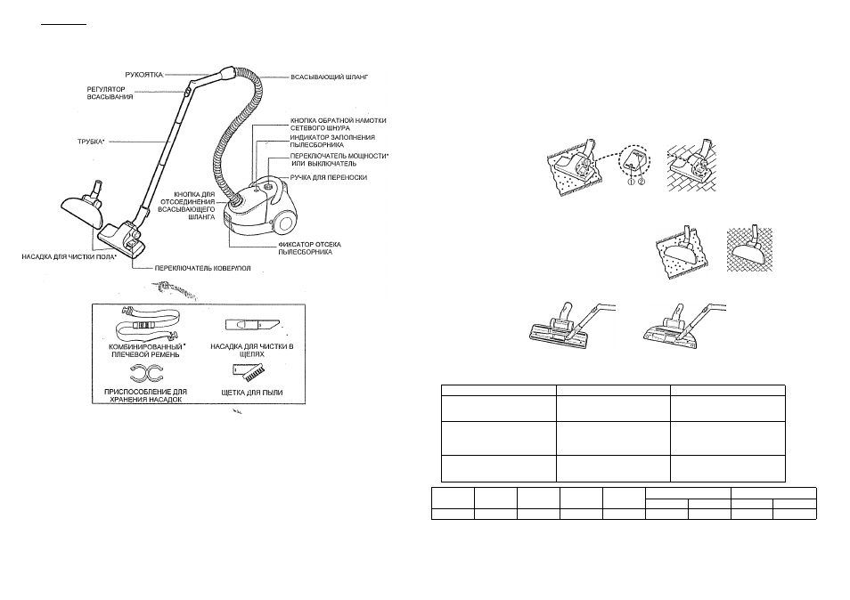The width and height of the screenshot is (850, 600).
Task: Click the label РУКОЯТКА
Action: tap(143, 75)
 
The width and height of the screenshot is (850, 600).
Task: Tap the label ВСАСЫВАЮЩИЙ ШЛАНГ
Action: tap(329, 77)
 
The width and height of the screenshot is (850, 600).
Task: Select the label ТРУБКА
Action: tap(91, 142)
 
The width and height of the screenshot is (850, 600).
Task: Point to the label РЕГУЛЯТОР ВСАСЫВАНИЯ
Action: tap(110, 93)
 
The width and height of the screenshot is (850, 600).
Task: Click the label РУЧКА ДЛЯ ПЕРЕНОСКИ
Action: tap(329, 178)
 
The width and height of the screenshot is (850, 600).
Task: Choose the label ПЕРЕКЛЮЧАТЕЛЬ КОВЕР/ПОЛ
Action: tap(203, 268)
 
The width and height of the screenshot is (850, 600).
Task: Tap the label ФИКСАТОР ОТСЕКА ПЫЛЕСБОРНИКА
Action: tap(310, 248)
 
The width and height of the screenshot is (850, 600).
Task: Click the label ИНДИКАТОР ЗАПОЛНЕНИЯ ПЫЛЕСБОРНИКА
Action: tap(332, 142)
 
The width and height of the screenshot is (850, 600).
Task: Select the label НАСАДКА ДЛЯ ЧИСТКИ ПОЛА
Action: tap(69, 256)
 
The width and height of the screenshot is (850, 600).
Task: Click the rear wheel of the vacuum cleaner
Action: tap(284, 222)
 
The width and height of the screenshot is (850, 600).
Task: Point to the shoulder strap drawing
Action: tap(147, 324)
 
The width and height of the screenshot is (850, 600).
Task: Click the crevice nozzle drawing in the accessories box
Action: tap(253, 324)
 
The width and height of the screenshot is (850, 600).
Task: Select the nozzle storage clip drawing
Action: tap(146, 374)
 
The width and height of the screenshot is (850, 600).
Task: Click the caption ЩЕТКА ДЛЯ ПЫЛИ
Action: tap(252, 393)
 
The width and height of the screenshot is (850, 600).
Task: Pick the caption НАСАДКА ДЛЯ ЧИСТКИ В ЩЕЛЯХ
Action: tap(252, 351)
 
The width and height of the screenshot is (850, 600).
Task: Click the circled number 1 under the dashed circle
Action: tap(631, 182)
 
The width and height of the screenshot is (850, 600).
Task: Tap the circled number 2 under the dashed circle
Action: tap(642, 182)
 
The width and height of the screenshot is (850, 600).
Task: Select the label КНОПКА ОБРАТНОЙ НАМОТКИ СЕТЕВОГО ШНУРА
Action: tap(339, 125)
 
